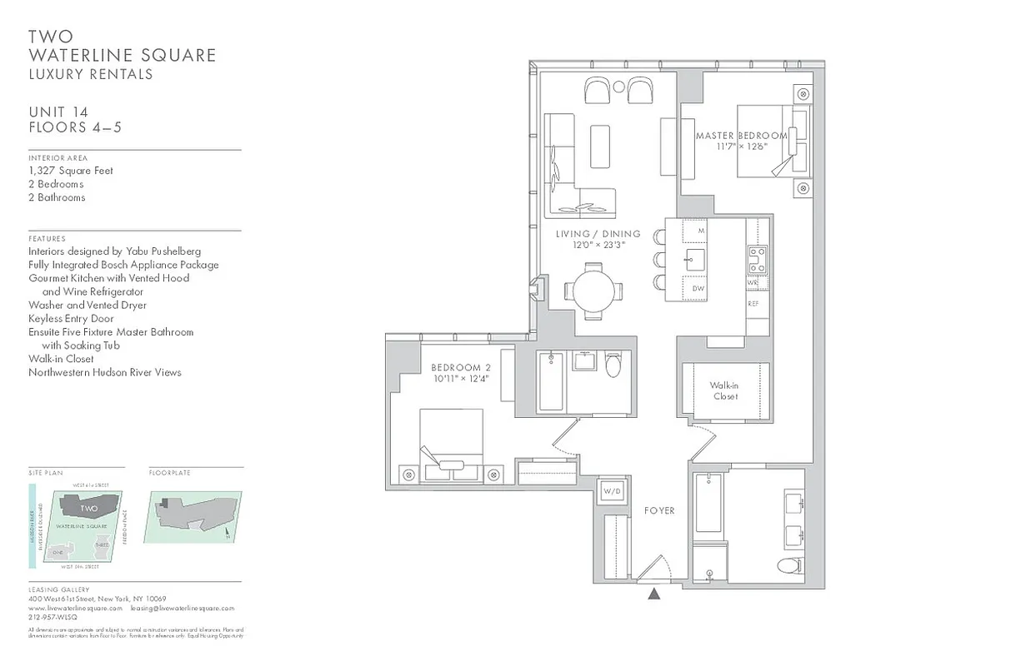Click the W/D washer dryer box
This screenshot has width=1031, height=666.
[x=613, y=492]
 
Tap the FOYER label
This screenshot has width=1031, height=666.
[x=659, y=510]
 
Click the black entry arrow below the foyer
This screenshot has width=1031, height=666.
[x=654, y=594]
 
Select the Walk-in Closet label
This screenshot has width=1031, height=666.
[x=724, y=391]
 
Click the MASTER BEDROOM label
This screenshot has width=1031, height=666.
[x=741, y=136]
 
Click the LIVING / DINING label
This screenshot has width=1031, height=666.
[x=598, y=234]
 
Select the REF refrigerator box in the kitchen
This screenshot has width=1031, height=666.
[x=753, y=305]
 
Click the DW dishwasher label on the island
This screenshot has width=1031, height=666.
[x=698, y=289]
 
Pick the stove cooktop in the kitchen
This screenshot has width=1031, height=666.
[x=758, y=260]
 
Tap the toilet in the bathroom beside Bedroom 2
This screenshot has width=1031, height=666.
[x=614, y=365]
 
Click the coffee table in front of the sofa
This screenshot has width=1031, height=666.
[x=600, y=147]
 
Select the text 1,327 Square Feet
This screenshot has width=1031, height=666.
[x=71, y=171]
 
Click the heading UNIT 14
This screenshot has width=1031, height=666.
[x=58, y=112]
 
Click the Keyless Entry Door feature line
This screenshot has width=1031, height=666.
[x=71, y=318]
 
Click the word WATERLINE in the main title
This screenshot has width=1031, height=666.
[x=79, y=56]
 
